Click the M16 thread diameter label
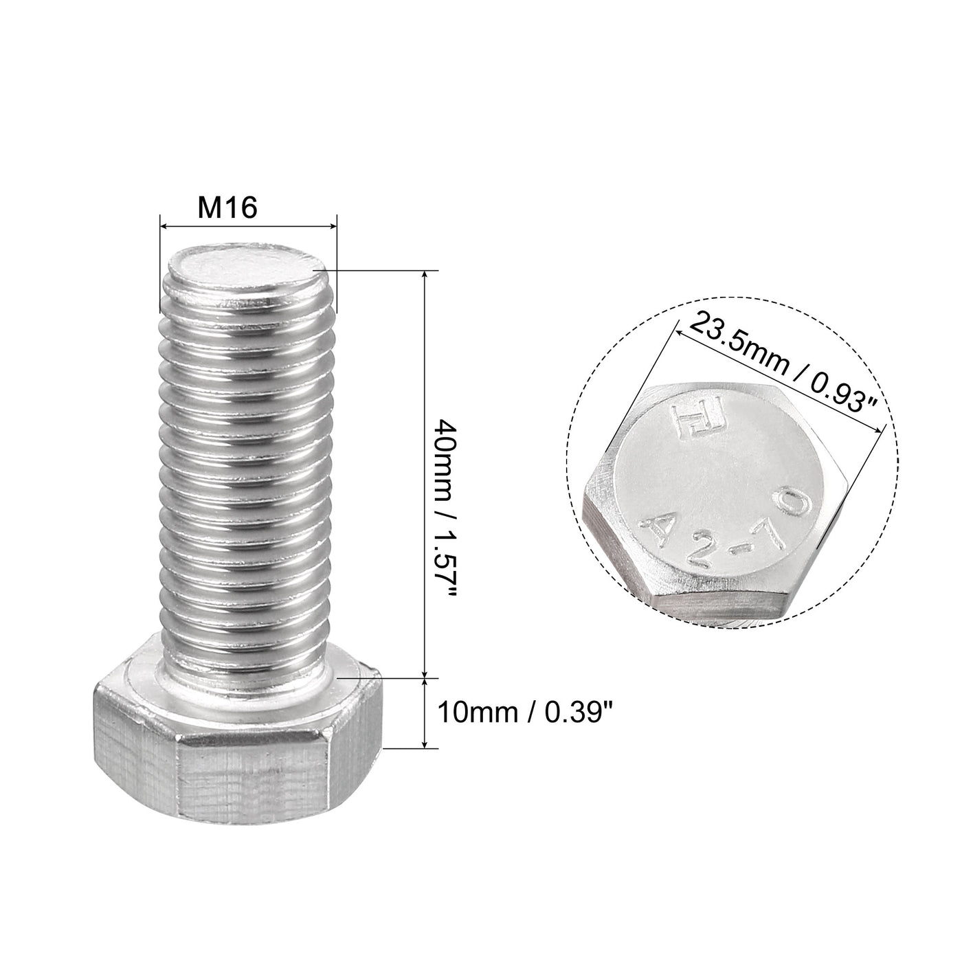click(227, 208)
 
